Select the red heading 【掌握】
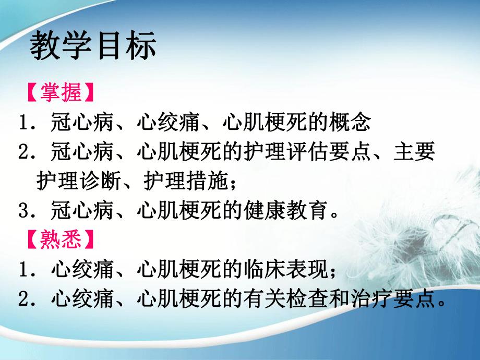(x=61, y=94)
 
